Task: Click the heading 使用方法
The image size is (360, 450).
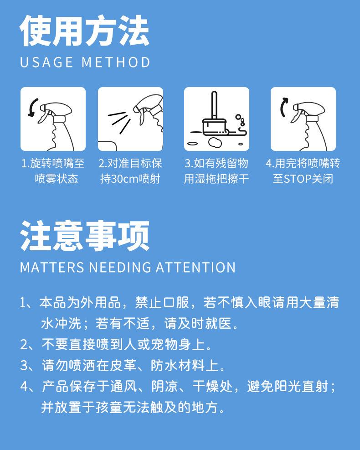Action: (85, 31)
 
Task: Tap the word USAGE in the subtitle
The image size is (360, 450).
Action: (46, 62)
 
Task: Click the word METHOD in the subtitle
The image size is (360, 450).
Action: (116, 62)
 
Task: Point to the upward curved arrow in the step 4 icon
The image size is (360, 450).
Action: (283, 107)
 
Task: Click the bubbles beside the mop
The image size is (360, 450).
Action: (241, 120)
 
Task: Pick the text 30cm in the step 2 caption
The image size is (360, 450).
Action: (124, 179)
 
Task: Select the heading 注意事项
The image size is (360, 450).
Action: (85, 236)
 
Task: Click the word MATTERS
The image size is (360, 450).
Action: (52, 267)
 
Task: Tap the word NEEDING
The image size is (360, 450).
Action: (120, 267)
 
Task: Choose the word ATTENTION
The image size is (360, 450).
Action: (195, 267)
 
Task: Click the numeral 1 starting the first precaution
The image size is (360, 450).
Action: (23, 303)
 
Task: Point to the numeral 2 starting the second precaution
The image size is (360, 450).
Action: (24, 344)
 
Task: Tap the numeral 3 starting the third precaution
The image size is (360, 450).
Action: (24, 366)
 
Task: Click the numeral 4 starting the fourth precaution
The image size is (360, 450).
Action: (24, 387)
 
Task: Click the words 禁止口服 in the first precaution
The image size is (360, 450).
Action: (162, 303)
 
